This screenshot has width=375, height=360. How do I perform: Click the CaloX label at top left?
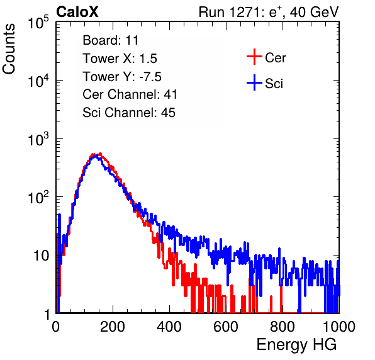pos(77,12)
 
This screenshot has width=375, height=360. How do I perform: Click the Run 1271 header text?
pos(230,12)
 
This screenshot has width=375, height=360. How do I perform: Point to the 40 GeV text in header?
pos(314,12)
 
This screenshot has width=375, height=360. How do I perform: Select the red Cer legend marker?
pos(254,57)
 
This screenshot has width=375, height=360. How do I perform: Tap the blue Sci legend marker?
pos(254,82)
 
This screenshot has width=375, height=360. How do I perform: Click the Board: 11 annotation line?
pos(111,40)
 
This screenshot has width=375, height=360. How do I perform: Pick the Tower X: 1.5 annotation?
pos(120,59)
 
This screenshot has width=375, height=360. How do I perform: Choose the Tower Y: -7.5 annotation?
pos(122,77)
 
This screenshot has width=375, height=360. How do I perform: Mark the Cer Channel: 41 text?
pos(130,94)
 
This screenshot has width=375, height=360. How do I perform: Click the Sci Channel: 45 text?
pos(129,113)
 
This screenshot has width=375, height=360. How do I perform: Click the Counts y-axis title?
pos(9,49)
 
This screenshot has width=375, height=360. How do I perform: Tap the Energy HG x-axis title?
pos(296,345)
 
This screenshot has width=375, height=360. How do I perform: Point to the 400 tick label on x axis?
pos(169,327)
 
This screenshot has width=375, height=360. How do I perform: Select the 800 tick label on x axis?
pos(283,327)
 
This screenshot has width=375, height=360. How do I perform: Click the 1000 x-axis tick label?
pos(339,327)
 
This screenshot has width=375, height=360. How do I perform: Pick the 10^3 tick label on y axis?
pos(38,138)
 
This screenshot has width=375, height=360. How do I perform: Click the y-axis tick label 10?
pos(42,256)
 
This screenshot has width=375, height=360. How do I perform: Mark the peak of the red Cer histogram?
pos(100,154)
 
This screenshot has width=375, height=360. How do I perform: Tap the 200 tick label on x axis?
pos(113,327)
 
